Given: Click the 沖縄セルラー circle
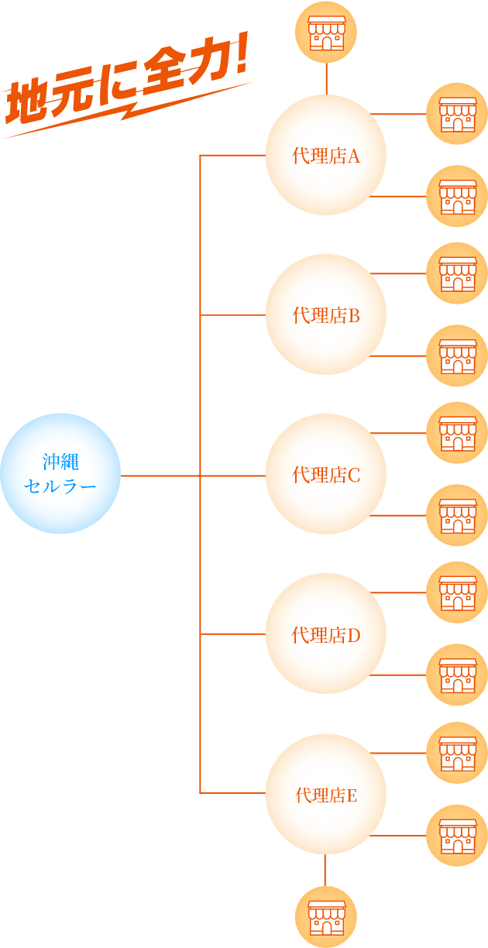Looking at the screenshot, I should [x=60, y=473].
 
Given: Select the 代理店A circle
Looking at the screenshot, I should [x=325, y=155].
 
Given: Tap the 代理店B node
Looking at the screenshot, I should [x=325, y=314].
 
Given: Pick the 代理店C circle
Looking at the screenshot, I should [x=325, y=474].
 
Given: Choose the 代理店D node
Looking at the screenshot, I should [x=325, y=634].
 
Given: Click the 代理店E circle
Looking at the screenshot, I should [x=325, y=794].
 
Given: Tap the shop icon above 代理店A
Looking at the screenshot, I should [x=326, y=32].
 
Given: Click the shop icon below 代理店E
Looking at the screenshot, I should [x=325, y=916].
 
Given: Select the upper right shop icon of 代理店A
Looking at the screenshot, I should [x=457, y=114].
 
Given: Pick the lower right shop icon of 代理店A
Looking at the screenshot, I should [x=457, y=196].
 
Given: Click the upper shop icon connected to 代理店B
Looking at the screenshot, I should [x=457, y=273].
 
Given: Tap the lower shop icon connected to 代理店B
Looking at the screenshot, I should [x=457, y=355].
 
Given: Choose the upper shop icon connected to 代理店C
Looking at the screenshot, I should [x=457, y=433].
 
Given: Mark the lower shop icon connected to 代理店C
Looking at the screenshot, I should [x=457, y=515].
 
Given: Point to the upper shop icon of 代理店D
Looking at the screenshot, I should [x=457, y=592].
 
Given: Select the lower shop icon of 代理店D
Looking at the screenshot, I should [x=457, y=675].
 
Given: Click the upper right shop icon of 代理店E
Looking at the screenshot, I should [x=457, y=753].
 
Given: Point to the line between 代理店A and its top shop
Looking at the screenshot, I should [x=326, y=78].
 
